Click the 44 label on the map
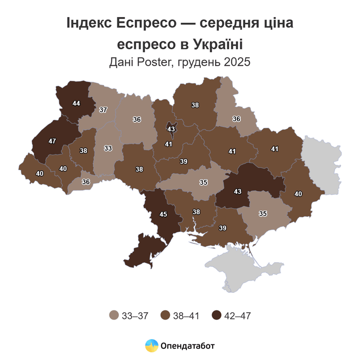click(x=76, y=103)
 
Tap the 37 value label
click(x=103, y=110)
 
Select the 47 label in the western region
click(x=52, y=141)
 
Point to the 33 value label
click(x=108, y=148)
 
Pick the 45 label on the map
click(x=164, y=215)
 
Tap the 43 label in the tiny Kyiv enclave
click(x=171, y=129)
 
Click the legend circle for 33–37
click(x=114, y=316)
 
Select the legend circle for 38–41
click(x=165, y=316)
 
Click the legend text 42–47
click(x=237, y=316)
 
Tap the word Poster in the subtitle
click(x=155, y=62)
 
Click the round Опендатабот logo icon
click(x=152, y=346)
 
